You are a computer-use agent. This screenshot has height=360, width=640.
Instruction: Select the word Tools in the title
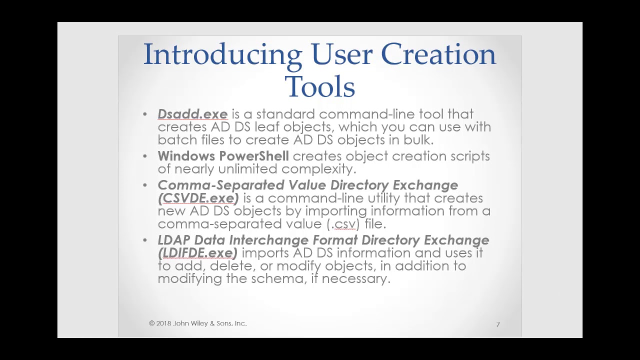[x=320, y=87]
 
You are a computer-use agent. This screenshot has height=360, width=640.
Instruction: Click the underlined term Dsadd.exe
[x=192, y=114]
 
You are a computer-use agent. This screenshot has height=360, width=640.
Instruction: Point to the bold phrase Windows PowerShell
[x=223, y=156]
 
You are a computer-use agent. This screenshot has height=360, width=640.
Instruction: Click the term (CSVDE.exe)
[x=198, y=198]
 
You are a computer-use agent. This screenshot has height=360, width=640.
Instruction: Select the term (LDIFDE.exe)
[x=197, y=253]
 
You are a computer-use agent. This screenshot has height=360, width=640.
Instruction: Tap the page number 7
[x=498, y=324]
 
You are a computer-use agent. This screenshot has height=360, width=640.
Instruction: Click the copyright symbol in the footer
[x=152, y=323]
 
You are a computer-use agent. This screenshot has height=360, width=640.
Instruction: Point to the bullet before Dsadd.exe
[x=145, y=114]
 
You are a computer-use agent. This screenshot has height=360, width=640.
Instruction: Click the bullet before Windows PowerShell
[x=145, y=156]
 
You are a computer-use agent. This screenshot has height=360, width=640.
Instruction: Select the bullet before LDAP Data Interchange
[x=145, y=240]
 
